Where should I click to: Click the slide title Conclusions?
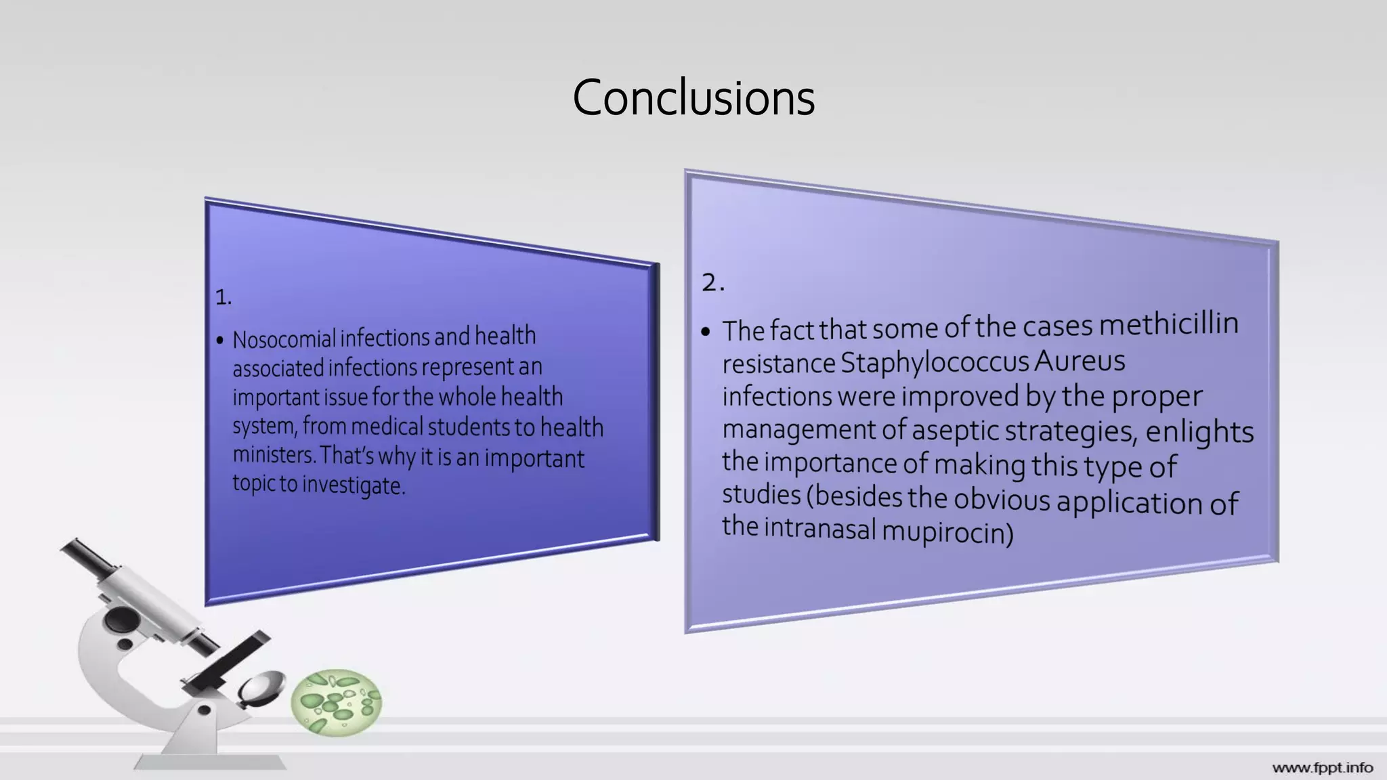click(693, 98)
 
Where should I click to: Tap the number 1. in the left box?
click(223, 297)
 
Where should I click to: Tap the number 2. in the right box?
click(712, 282)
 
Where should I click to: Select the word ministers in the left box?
click(273, 454)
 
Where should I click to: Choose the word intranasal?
click(819, 528)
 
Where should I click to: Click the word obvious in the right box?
click(1002, 500)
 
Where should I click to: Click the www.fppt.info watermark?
click(1322, 768)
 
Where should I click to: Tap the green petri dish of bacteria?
click(336, 703)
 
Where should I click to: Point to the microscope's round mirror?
click(261, 685)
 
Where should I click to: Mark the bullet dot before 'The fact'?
click(706, 332)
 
